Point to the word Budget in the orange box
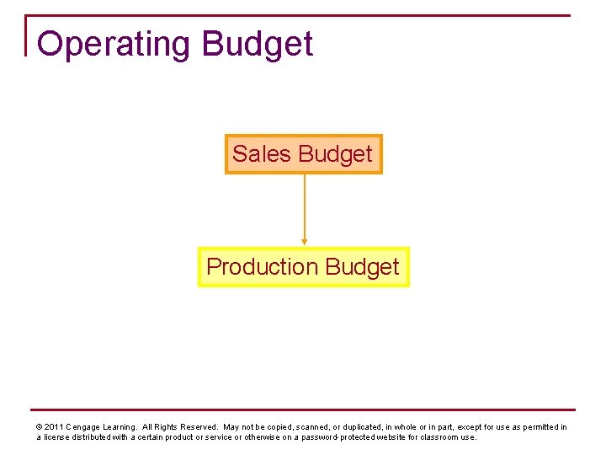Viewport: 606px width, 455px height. click(x=335, y=154)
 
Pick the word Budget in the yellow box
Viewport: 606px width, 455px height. click(x=362, y=267)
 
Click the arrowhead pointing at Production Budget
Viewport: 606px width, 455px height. click(x=305, y=241)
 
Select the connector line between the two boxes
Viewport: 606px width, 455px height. click(x=305, y=206)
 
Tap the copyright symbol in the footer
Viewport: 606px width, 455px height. click(x=40, y=427)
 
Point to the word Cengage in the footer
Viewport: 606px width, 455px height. click(x=83, y=427)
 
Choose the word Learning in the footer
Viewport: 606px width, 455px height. click(x=120, y=427)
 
